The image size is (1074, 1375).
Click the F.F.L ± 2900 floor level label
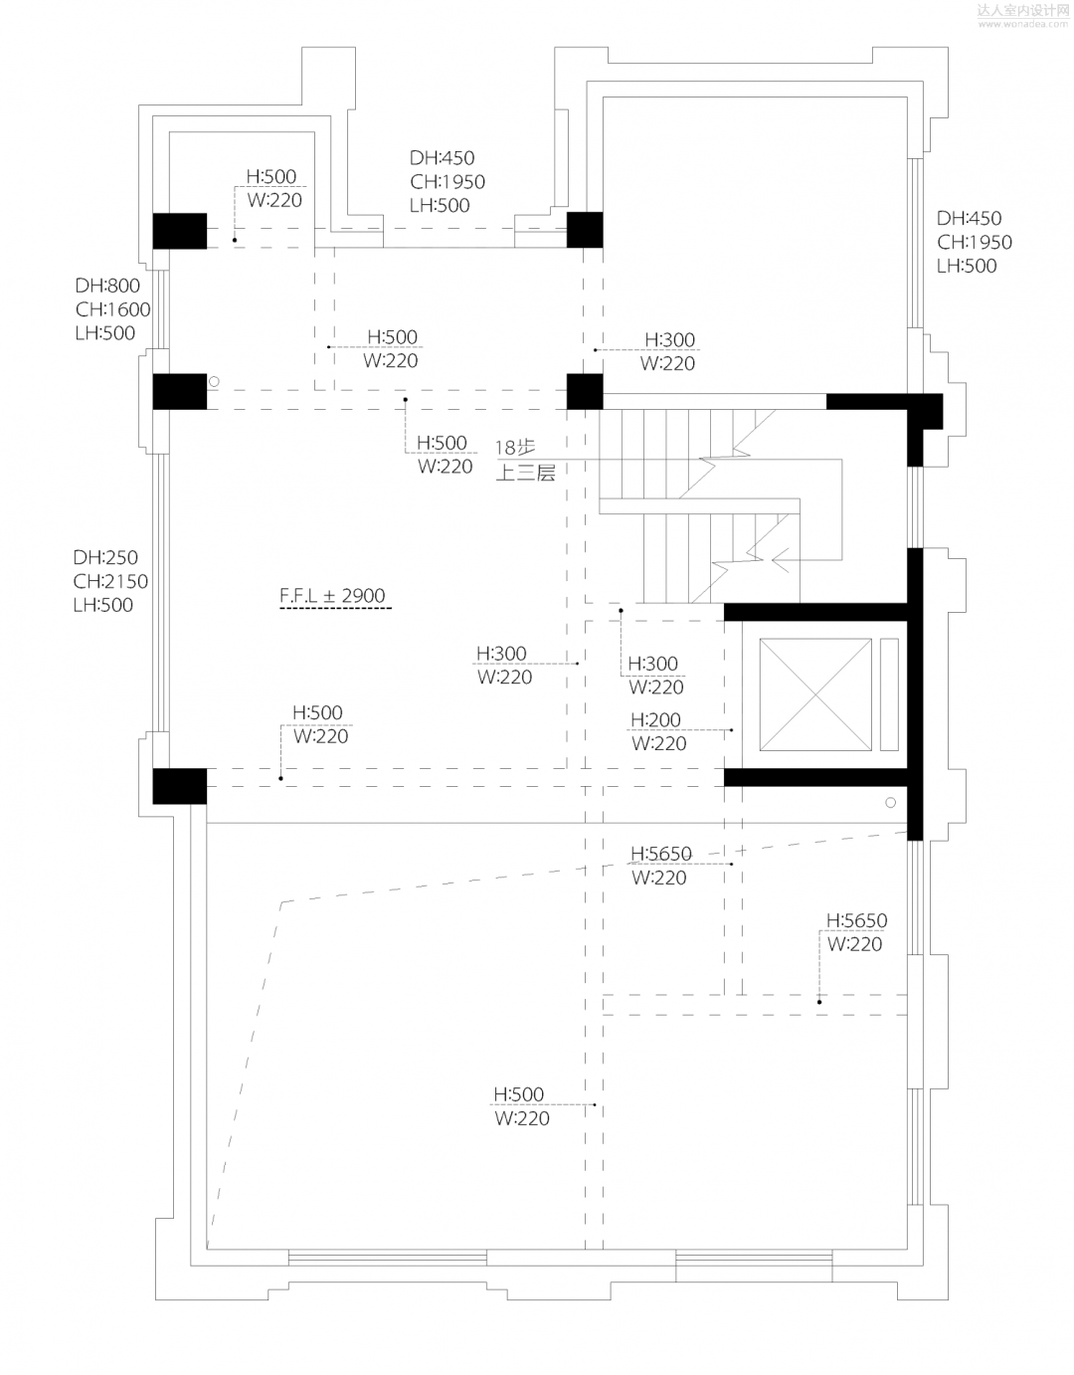[332, 596]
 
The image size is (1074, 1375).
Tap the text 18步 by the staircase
[515, 448]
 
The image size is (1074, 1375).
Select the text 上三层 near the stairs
[525, 473]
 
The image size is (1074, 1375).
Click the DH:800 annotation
[107, 286]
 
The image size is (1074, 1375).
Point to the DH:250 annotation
[105, 557]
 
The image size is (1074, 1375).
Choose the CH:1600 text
[112, 309]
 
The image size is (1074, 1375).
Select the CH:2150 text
[110, 581]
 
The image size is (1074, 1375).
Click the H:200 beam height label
[655, 719]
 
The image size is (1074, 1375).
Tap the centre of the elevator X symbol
[814, 694]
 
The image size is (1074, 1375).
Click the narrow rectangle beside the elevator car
[889, 694]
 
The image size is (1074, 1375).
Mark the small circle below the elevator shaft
[890, 803]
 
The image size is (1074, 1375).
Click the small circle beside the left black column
[213, 381]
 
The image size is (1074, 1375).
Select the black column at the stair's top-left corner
[585, 391]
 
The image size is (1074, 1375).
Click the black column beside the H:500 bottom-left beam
[179, 786]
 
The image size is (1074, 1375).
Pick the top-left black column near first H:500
[179, 231]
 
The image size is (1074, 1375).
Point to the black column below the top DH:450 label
[585, 230]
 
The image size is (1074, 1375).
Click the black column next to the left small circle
[179, 391]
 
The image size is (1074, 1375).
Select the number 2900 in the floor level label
[363, 596]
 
